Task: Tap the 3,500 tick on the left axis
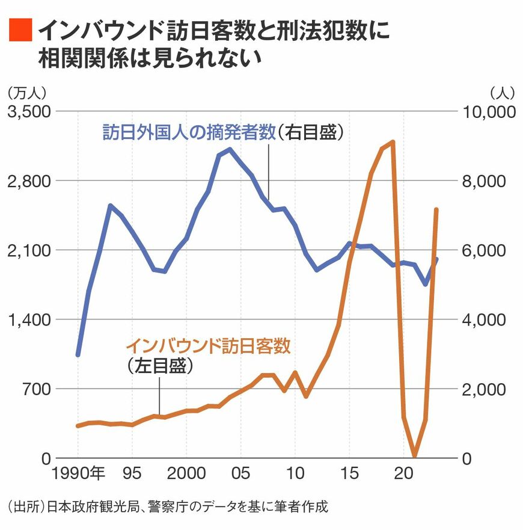pyautogui.click(x=29, y=112)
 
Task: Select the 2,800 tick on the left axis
pyautogui.click(x=29, y=181)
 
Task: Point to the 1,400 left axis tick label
pyautogui.click(x=29, y=319)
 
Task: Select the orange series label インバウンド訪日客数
pyautogui.click(x=208, y=346)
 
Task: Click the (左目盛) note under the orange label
pyautogui.click(x=160, y=366)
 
